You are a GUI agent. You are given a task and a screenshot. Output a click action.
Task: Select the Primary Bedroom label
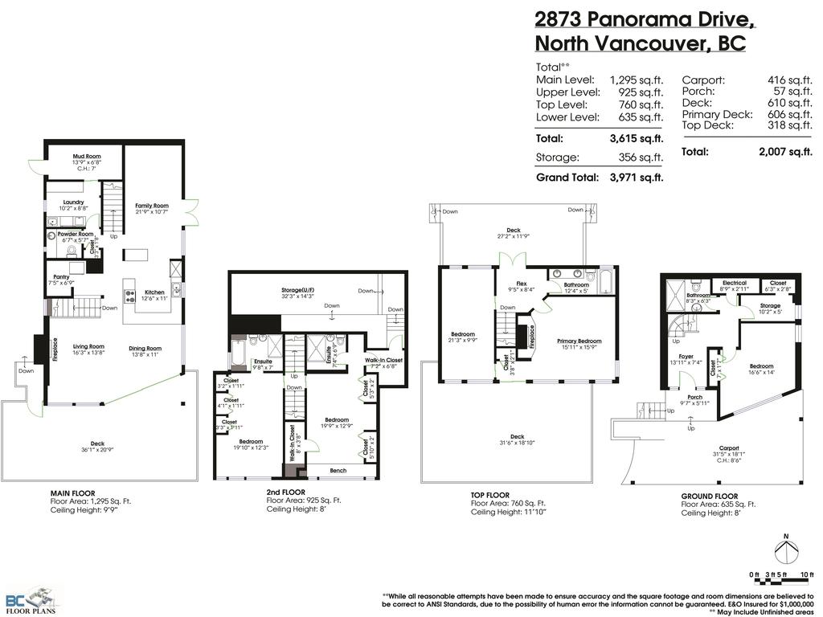579,341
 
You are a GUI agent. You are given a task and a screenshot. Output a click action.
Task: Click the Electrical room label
735,283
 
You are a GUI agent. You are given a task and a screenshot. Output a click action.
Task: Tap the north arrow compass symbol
786,552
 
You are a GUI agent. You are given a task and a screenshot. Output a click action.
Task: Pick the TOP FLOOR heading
490,496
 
